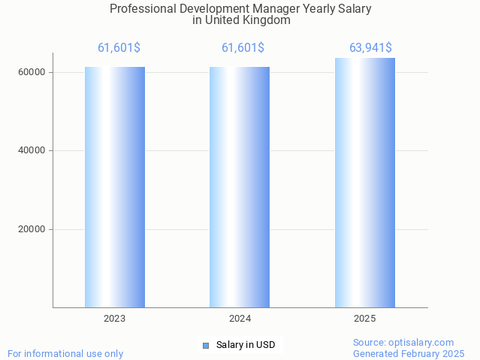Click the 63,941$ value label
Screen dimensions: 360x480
coord(371,48)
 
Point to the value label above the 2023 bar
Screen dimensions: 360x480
coord(119,48)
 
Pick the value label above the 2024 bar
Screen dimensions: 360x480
coord(243,48)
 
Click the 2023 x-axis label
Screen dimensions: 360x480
coord(115,319)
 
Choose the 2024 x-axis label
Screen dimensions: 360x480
coord(240,319)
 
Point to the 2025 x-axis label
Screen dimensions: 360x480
coord(364,319)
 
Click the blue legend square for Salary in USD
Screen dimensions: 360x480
coord(205,346)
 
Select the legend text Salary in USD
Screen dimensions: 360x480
coord(246,346)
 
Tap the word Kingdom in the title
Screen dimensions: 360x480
coord(264,20)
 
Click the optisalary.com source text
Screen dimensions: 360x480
coord(403,343)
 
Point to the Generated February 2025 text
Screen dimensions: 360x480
coord(409,354)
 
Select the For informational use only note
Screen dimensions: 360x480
coord(65,354)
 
